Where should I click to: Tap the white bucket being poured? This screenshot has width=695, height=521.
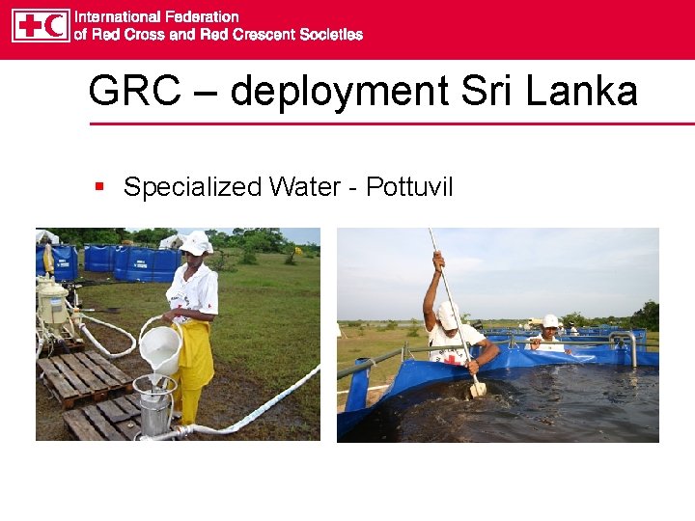click(160, 347)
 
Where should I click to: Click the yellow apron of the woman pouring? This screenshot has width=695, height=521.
click(196, 357)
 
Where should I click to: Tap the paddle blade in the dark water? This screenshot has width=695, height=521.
click(478, 388)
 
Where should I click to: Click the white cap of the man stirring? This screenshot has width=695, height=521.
click(448, 314)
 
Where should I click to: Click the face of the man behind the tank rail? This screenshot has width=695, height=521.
click(549, 333)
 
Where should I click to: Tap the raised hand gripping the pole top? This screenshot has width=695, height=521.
click(438, 260)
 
